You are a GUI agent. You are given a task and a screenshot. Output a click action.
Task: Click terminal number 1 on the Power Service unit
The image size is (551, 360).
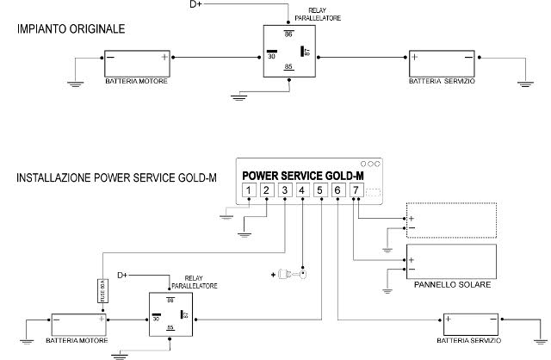248,190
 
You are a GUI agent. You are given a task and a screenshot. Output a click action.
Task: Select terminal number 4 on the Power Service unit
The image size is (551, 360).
301,190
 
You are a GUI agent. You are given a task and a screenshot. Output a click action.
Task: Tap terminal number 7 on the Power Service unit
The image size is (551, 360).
355,190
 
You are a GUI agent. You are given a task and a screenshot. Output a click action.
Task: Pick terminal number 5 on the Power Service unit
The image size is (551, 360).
319,190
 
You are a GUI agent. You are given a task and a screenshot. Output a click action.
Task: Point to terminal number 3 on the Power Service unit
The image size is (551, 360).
284,190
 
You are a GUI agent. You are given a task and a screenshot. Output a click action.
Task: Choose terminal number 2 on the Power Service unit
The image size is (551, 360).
266,190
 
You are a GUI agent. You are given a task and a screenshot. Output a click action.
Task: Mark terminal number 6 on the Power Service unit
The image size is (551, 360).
337,190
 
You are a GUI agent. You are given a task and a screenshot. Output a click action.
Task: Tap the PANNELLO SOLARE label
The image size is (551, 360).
451,284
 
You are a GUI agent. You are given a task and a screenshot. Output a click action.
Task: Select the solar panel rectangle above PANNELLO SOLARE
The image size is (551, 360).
451,261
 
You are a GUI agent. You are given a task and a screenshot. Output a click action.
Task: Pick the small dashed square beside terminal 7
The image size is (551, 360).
371,190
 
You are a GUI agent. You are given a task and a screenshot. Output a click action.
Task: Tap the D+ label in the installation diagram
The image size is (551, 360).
122,274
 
